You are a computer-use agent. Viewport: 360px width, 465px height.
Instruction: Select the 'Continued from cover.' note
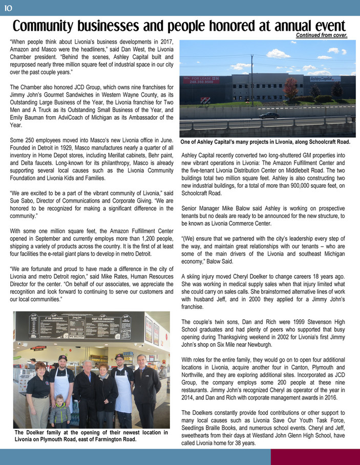coord(322,35)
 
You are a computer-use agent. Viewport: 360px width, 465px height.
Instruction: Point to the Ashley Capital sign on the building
coord(325,79)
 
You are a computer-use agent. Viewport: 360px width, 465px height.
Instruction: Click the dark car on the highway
coord(269,115)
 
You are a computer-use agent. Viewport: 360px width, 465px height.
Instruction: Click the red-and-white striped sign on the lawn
coord(205,101)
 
